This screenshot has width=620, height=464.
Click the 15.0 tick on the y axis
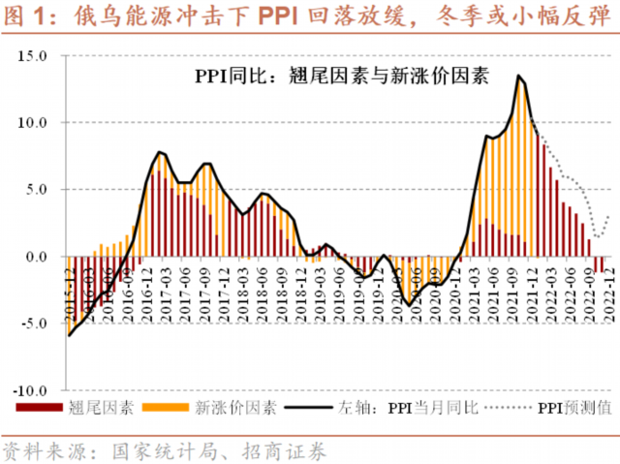click(x=31, y=56)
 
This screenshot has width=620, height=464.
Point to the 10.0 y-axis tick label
click(x=31, y=123)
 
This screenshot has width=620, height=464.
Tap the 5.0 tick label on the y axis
click(x=35, y=190)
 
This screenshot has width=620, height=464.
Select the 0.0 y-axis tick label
click(x=35, y=257)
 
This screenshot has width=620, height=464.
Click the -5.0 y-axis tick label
click(x=33, y=324)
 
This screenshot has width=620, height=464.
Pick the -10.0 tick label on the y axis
click(x=30, y=390)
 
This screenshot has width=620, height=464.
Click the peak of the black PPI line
click(x=519, y=76)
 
